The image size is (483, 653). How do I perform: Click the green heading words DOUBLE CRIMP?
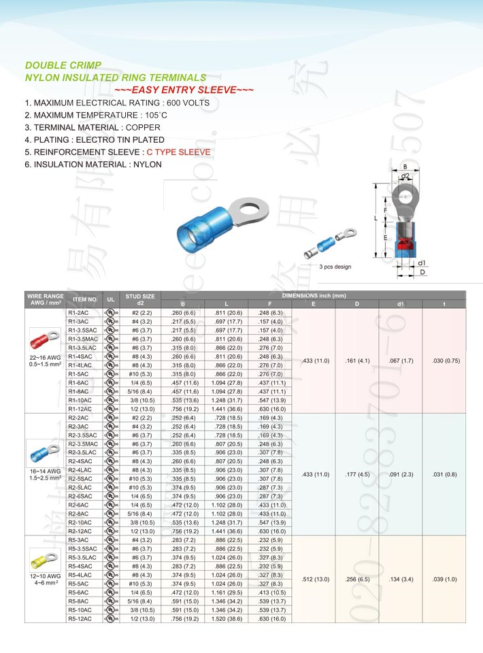63,66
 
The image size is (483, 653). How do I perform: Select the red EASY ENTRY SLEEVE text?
184,90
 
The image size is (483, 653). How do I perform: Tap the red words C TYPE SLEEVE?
179,152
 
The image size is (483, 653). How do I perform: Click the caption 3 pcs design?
335,267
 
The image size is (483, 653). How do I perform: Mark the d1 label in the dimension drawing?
422,263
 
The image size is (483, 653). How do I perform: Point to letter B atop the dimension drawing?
405,166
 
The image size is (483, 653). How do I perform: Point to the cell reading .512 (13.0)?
315,579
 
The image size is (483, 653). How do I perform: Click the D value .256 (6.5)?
357,579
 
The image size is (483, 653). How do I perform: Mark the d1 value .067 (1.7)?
401,360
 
